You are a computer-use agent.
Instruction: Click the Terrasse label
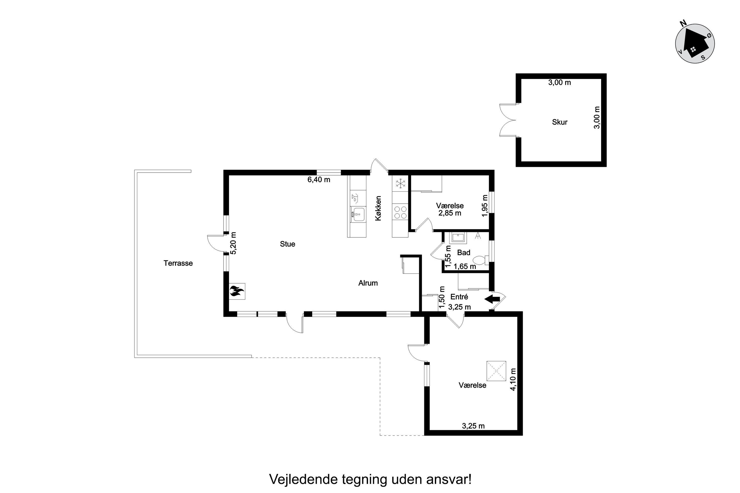tap(178, 263)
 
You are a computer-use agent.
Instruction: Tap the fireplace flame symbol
tap(237, 291)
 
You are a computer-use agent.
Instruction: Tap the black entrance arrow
tap(492, 299)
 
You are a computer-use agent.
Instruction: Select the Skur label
tap(559, 122)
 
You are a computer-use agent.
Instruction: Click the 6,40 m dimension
tap(319, 180)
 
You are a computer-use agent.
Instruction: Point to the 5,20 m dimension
tap(233, 243)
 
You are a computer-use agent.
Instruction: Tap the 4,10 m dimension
tap(513, 380)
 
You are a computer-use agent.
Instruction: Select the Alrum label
tap(368, 283)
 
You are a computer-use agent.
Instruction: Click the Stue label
tap(288, 244)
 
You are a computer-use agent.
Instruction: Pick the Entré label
tap(459, 297)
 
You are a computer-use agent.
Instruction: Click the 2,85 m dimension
tap(450, 213)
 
